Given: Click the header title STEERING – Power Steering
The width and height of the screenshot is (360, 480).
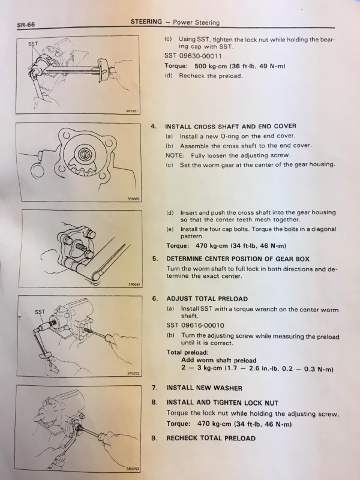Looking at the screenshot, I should (175, 22).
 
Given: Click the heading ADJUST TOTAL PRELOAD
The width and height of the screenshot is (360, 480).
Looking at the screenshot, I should (206, 298).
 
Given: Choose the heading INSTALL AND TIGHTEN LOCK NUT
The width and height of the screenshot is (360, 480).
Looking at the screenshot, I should (222, 403).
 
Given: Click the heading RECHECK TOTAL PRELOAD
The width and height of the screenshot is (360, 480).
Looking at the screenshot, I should (211, 438).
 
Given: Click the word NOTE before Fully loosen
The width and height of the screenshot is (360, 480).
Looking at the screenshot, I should (175, 155).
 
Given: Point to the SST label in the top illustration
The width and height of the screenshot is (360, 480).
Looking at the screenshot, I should (34, 44).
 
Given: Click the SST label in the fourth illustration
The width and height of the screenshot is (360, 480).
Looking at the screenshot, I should (40, 312).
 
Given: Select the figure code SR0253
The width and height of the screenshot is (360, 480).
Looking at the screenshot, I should (133, 468).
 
